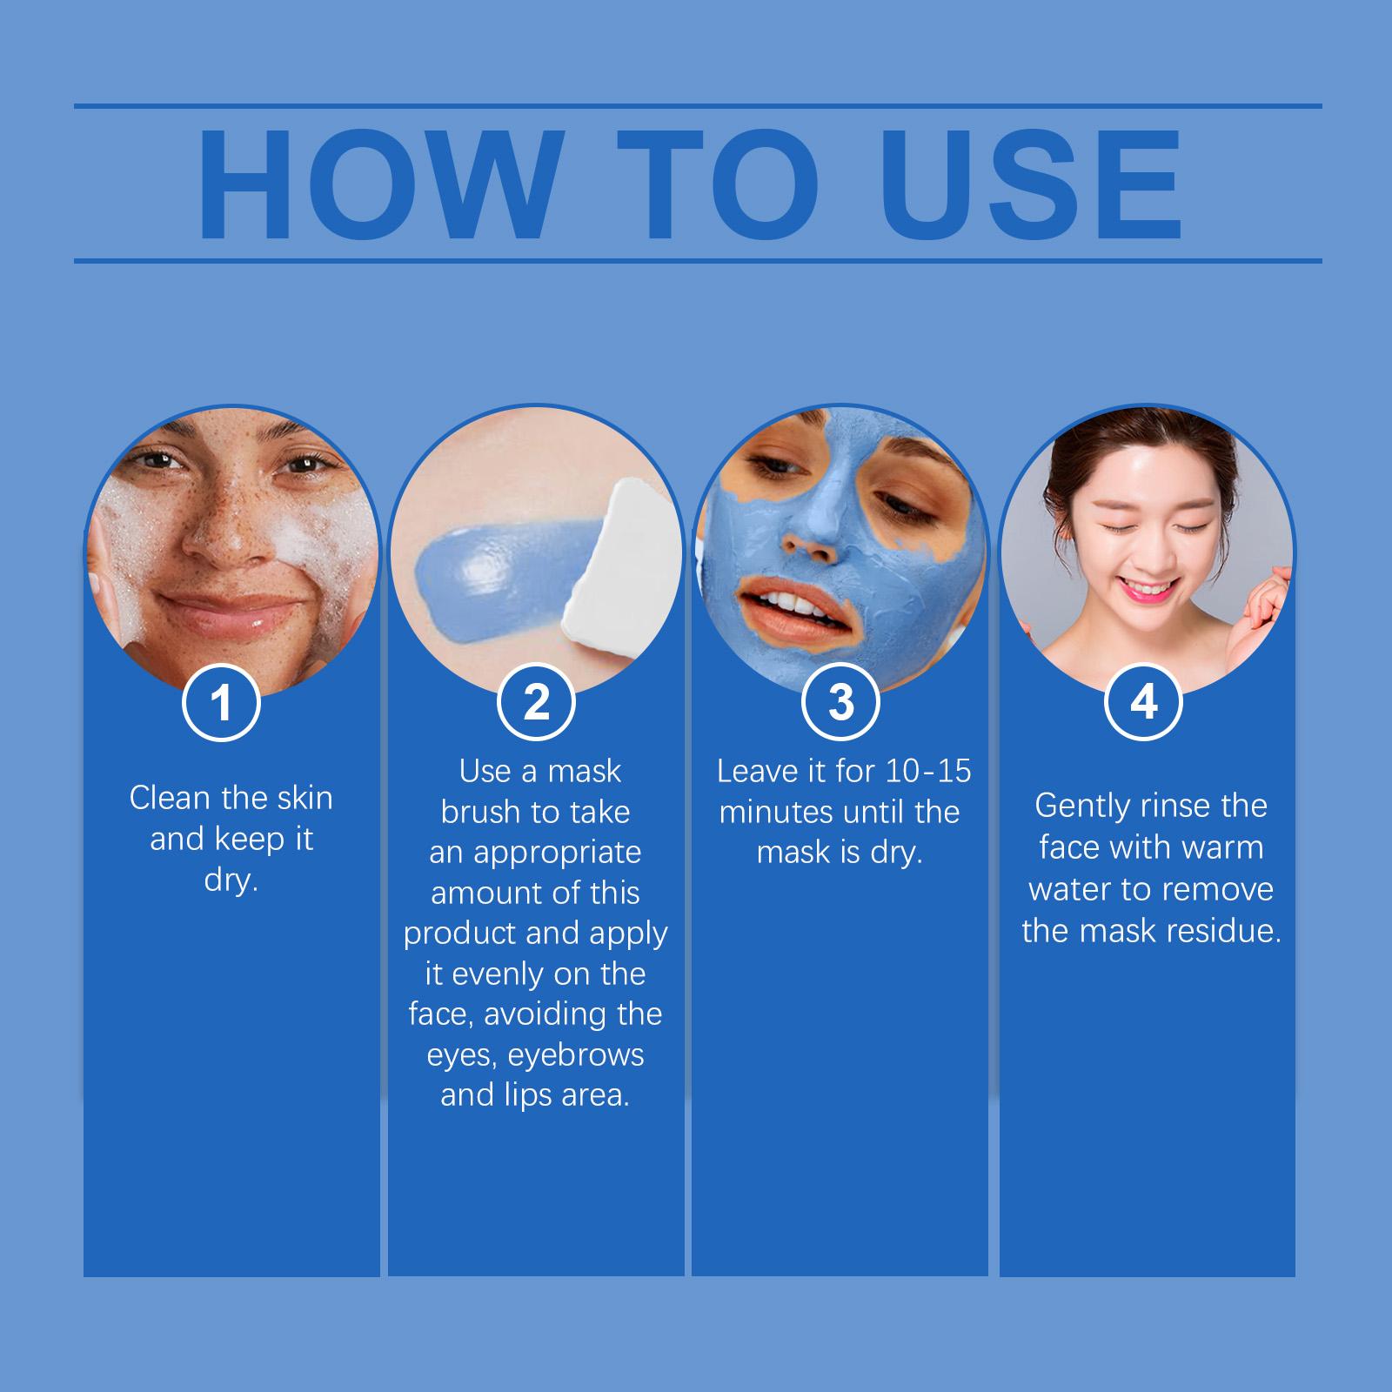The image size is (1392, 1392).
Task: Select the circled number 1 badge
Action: tap(222, 702)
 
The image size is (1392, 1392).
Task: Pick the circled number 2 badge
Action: tap(537, 702)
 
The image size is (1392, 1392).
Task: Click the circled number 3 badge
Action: tap(840, 702)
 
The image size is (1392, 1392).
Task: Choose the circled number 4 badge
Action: tap(1144, 702)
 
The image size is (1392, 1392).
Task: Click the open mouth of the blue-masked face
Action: tap(787, 599)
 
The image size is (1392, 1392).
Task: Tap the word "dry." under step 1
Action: tap(231, 880)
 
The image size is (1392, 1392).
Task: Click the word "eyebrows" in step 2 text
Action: tap(576, 1054)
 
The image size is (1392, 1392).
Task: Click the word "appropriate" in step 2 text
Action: tap(557, 853)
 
